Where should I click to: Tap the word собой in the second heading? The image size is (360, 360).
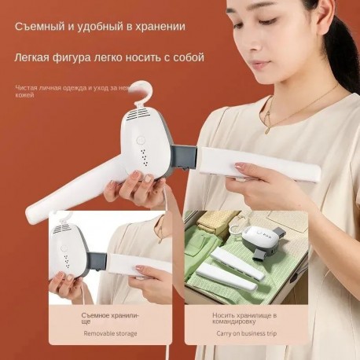coord(186,57)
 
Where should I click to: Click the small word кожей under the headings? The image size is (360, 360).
coord(24,95)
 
